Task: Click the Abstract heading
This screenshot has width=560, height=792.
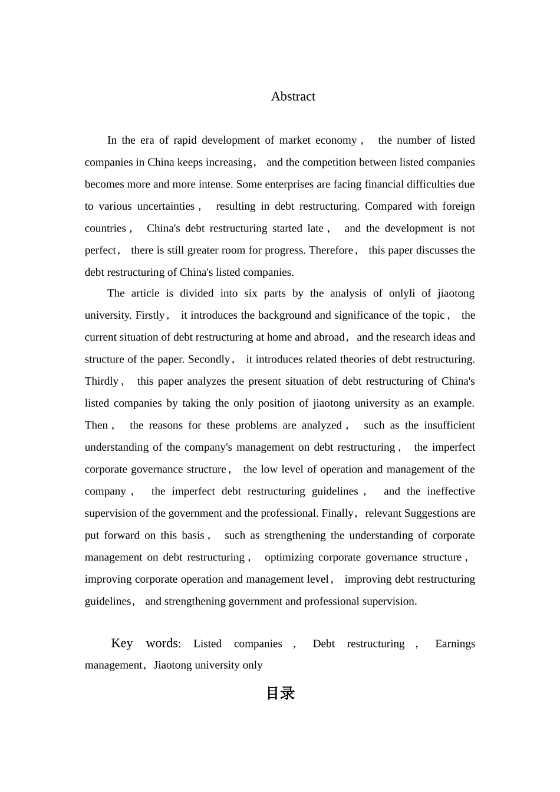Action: [x=293, y=97]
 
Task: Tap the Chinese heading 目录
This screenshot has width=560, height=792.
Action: [x=281, y=694]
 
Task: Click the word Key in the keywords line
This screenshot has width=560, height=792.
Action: [x=122, y=643]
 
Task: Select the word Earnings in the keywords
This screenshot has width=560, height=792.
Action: [x=455, y=643]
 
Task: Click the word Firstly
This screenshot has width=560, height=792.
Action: [x=150, y=315]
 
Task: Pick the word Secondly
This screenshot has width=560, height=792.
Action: [x=209, y=359]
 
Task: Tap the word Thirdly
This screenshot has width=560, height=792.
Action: [x=102, y=381]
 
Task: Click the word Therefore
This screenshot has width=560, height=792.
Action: [x=331, y=250]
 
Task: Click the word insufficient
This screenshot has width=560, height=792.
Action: [x=449, y=425]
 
